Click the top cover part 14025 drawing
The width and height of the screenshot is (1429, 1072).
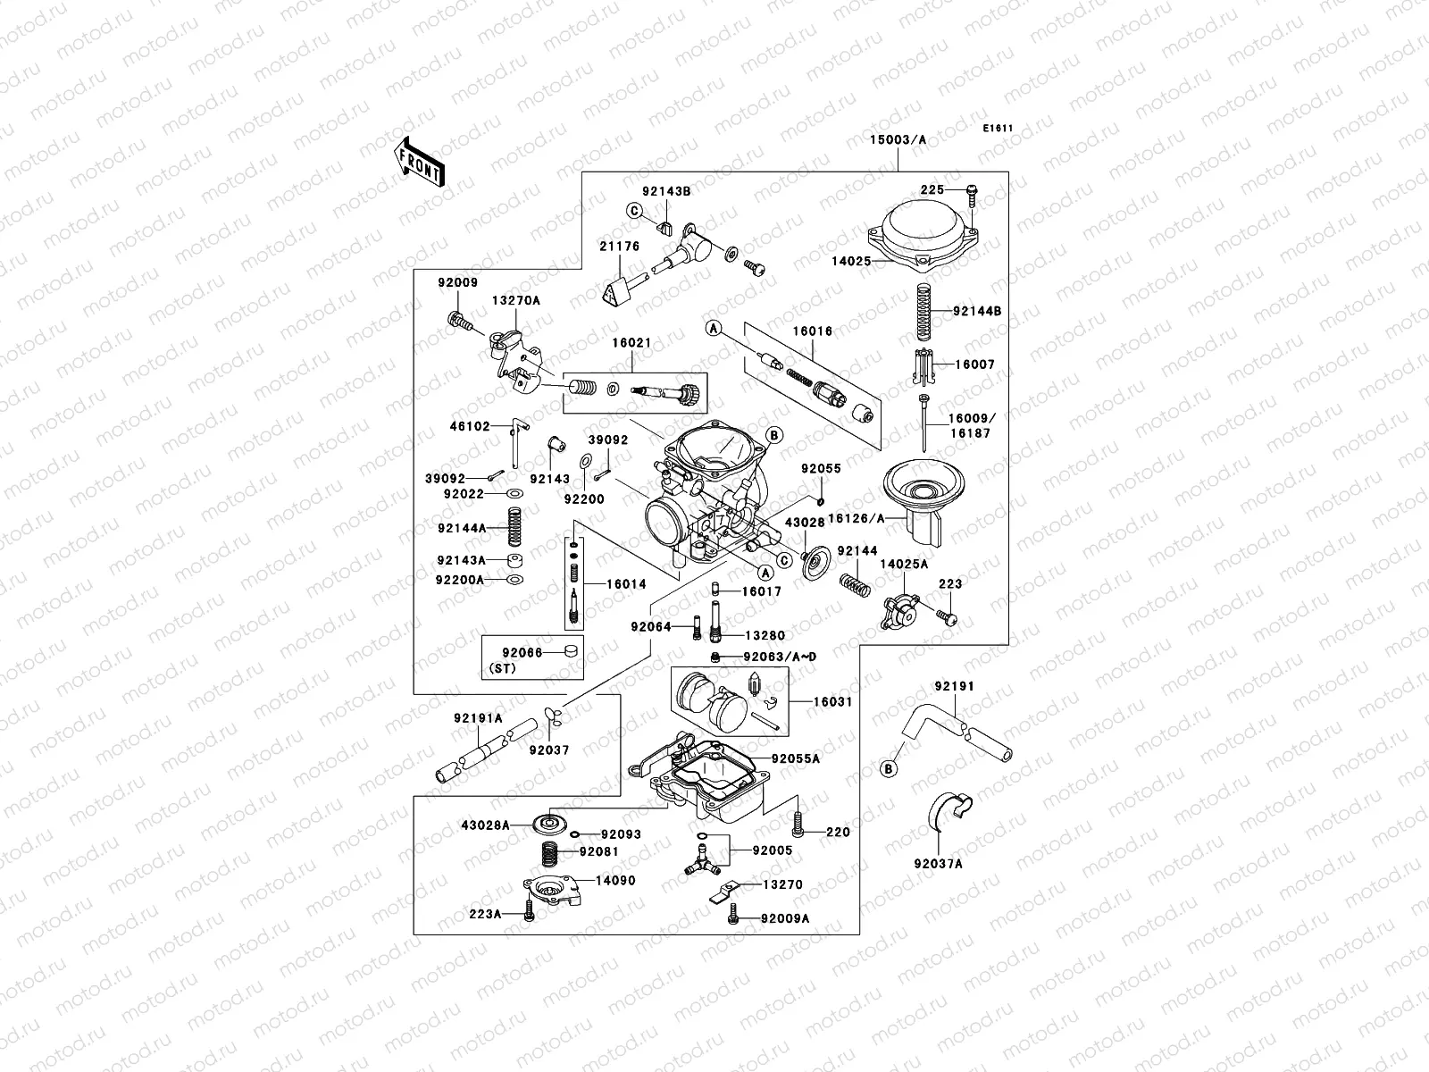pyautogui.click(x=922, y=234)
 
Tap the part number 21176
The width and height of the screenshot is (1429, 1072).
pyautogui.click(x=620, y=247)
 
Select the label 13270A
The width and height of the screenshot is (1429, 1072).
pyautogui.click(x=515, y=301)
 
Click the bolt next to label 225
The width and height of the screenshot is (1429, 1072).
pyautogui.click(x=972, y=191)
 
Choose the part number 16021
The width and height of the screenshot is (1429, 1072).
pyautogui.click(x=631, y=342)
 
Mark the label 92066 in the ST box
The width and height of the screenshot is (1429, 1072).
pyautogui.click(x=522, y=653)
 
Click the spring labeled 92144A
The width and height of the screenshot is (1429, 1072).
pyautogui.click(x=515, y=527)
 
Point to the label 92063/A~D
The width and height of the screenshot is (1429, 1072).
pyautogui.click(x=780, y=657)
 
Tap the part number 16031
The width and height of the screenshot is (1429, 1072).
pyautogui.click(x=832, y=702)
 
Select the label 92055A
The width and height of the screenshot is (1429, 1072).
pyautogui.click(x=796, y=758)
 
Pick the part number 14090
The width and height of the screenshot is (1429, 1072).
pyautogui.click(x=615, y=880)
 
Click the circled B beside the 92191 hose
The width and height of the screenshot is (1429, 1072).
pyautogui.click(x=889, y=768)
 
